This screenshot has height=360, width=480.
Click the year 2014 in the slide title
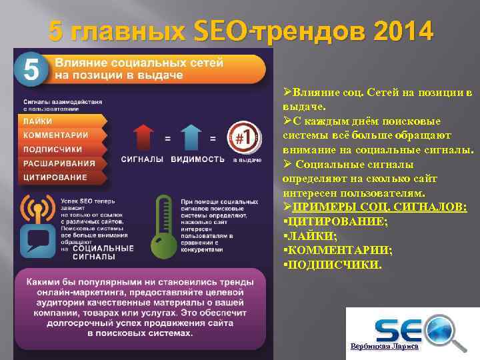pos(403,31)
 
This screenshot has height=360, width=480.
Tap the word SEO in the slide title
pos(221,31)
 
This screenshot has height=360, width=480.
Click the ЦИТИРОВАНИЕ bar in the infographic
pos(60,177)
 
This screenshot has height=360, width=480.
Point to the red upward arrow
pos(143,137)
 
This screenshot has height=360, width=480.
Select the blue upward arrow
pos(191,137)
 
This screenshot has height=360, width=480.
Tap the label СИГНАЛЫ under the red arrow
pos(142,159)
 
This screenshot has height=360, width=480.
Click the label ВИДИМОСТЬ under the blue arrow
pos(197,159)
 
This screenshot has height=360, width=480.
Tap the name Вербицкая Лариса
pos(385,347)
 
